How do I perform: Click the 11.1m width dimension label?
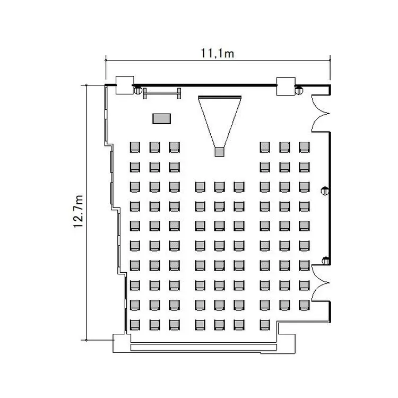[x=217, y=54]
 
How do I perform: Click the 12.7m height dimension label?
[x=79, y=211]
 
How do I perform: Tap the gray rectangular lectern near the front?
[x=162, y=118]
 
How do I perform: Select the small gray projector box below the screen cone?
[x=220, y=152]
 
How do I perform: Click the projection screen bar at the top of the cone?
[x=220, y=97]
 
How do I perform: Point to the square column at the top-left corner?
[x=125, y=85]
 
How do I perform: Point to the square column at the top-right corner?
[x=286, y=86]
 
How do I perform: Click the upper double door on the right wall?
[x=321, y=114]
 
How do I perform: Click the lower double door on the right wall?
[x=321, y=283]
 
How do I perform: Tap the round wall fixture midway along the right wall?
[x=325, y=191]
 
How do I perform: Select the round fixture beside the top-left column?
[x=137, y=90]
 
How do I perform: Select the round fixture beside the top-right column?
[x=299, y=90]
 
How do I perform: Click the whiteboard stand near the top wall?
[x=162, y=93]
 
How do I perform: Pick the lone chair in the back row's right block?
[x=265, y=325]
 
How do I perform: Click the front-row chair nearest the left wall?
[x=135, y=147]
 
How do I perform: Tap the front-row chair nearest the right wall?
[x=304, y=147]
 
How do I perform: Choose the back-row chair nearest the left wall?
[x=135, y=325]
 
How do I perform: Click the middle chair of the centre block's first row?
[x=219, y=187]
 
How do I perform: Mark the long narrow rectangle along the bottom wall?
[x=204, y=347]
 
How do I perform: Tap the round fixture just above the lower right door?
[x=325, y=261]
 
